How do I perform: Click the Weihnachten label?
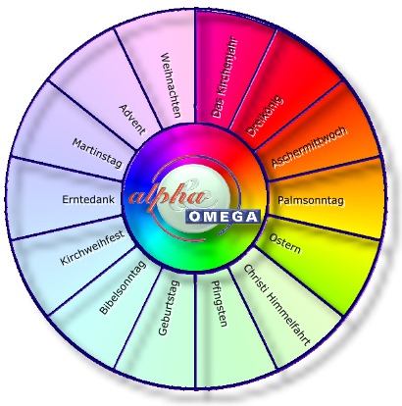pyautogui.click(x=171, y=85)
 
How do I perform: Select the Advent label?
pyautogui.click(x=132, y=120)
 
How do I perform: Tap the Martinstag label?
pyautogui.click(x=97, y=153)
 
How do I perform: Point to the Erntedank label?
pyautogui.click(x=88, y=199)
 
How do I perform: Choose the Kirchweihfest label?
pyautogui.click(x=92, y=247)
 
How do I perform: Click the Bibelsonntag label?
pyautogui.click(x=123, y=287)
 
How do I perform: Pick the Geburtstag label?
pyautogui.click(x=169, y=308)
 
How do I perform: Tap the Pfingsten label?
pyautogui.click(x=220, y=304)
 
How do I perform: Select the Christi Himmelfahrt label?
pyautogui.click(x=276, y=305)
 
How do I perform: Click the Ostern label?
pyautogui.click(x=284, y=243)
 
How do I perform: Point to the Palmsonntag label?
pyautogui.click(x=311, y=200)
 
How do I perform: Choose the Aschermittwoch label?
pyautogui.click(x=309, y=147)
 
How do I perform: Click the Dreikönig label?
pyautogui.click(x=264, y=116)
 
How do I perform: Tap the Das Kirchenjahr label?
pyautogui.click(x=226, y=78)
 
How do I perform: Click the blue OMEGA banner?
pyautogui.click(x=224, y=217)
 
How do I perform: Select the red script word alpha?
pyautogui.click(x=170, y=197)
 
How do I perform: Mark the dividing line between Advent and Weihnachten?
pyautogui.click(x=138, y=79)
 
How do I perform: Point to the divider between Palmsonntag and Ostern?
pyautogui.click(x=324, y=228)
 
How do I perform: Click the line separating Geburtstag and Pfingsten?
pyautogui.click(x=195, y=330)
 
